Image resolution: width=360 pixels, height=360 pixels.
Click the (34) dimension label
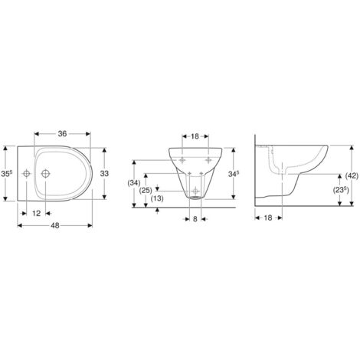(134, 183)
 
